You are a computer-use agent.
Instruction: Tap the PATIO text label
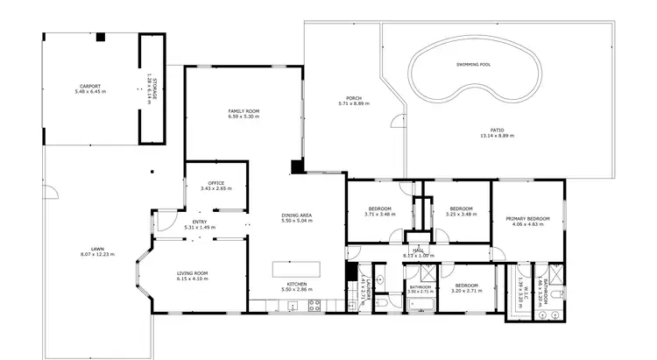tap(497, 130)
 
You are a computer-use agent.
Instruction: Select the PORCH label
tap(354, 97)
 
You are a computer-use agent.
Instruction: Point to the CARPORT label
tap(90, 86)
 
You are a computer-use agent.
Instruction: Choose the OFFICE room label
tap(215, 182)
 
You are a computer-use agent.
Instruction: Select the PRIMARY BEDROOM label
tap(527, 219)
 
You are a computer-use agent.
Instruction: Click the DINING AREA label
tap(297, 215)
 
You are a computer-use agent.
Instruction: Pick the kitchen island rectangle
tap(297, 270)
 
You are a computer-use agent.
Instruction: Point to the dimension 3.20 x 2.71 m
tap(466, 291)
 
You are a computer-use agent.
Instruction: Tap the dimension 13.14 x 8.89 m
tap(497, 136)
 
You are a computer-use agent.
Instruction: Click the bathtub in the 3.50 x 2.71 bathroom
tap(420, 303)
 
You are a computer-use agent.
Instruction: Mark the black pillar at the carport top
tap(101, 37)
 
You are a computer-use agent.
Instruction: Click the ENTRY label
tap(200, 222)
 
